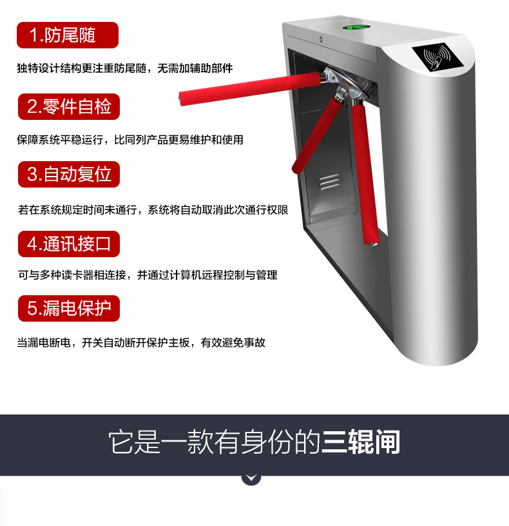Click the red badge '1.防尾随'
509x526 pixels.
68,35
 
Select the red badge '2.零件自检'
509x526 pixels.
69,106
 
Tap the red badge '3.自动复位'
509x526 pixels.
69,175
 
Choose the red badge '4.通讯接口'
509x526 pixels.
69,244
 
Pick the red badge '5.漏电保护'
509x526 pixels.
69,309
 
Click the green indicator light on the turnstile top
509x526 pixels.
356,27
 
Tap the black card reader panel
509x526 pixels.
437,56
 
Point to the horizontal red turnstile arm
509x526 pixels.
250,88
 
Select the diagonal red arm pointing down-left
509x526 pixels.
317,134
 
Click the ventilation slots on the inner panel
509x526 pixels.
330,183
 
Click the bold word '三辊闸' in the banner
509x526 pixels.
361,442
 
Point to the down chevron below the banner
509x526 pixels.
251,478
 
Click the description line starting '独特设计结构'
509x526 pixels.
125,68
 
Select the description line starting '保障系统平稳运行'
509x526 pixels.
130,139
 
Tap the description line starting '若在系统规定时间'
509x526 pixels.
153,210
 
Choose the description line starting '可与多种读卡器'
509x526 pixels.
148,275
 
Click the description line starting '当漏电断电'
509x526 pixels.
141,342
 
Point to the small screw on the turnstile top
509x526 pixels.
321,39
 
